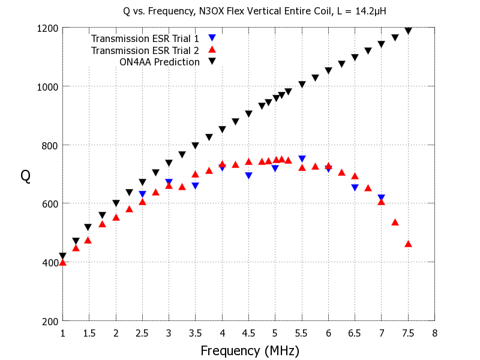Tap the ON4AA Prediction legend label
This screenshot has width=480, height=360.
(x=159, y=62)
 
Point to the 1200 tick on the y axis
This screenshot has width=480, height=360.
(x=47, y=28)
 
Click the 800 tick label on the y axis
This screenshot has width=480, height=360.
(x=49, y=145)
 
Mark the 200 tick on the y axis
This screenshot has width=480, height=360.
(x=49, y=321)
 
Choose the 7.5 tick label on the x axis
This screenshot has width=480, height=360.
(x=408, y=333)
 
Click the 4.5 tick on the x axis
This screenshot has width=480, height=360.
(x=248, y=333)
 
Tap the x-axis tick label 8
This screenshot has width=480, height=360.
(x=434, y=333)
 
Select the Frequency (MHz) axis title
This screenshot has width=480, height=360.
(x=249, y=350)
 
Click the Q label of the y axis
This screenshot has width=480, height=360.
(x=26, y=175)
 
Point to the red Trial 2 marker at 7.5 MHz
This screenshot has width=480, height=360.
(x=408, y=244)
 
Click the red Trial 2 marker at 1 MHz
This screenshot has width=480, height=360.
(x=63, y=262)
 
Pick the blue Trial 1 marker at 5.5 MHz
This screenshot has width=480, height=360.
(x=302, y=159)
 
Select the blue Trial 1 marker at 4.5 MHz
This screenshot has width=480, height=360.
(x=248, y=176)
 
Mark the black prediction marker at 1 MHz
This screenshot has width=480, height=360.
(x=63, y=256)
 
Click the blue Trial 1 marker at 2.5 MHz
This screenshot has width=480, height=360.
(x=142, y=194)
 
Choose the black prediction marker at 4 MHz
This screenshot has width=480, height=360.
(x=222, y=130)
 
